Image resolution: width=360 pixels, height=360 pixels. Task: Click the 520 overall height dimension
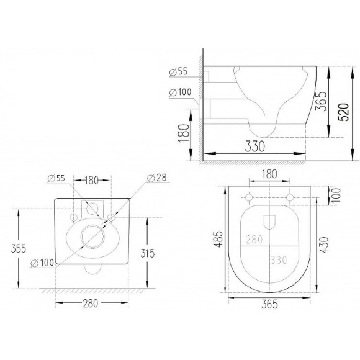[344, 112]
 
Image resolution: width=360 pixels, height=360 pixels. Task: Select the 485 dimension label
[218, 239]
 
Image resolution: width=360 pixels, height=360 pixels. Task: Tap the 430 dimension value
[324, 245]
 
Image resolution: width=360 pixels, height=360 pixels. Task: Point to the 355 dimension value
[19, 249]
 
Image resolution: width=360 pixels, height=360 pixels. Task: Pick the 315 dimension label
[147, 253]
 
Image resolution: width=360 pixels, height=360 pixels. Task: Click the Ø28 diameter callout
[157, 178]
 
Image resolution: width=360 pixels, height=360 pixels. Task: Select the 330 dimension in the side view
[255, 146]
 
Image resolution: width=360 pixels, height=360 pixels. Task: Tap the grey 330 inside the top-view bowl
[279, 260]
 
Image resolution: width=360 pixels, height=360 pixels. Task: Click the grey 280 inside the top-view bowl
[254, 240]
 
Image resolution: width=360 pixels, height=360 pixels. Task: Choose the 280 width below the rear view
[91, 304]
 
